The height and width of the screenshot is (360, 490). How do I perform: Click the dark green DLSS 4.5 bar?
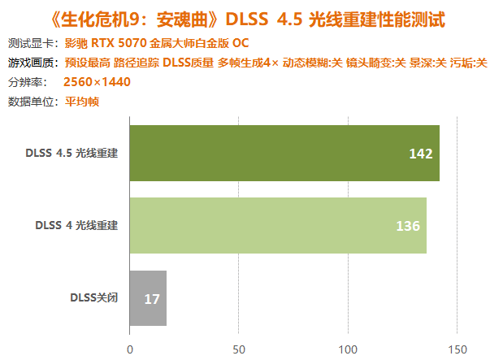(x=284, y=153)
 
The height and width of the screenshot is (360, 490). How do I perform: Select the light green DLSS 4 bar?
(x=278, y=225)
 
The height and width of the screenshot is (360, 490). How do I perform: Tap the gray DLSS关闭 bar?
(x=148, y=298)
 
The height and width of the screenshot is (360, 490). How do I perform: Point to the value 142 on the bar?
(x=421, y=154)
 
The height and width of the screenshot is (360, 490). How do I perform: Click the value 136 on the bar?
(x=408, y=226)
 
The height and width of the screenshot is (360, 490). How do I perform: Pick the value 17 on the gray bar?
(x=152, y=299)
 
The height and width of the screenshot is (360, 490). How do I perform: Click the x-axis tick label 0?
(x=130, y=349)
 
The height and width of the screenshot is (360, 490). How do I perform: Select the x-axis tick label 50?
(x=239, y=349)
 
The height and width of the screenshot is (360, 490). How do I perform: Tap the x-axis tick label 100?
(x=348, y=349)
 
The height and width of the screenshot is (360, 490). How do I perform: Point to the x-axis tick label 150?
(x=457, y=349)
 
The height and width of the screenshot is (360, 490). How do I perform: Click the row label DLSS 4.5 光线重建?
(x=72, y=153)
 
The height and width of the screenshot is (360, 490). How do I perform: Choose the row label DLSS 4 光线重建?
(x=76, y=225)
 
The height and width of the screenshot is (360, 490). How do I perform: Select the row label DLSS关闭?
(x=94, y=297)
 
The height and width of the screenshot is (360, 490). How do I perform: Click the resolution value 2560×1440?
(x=97, y=82)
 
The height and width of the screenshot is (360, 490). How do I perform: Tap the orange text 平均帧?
(x=82, y=102)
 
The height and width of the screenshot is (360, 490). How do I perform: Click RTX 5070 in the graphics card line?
(x=119, y=43)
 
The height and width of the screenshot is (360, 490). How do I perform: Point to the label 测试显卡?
(x=31, y=43)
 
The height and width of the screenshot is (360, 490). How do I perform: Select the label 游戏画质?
(x=31, y=63)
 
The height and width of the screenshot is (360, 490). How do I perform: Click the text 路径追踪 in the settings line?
(x=137, y=63)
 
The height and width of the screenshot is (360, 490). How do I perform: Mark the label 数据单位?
(x=31, y=102)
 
